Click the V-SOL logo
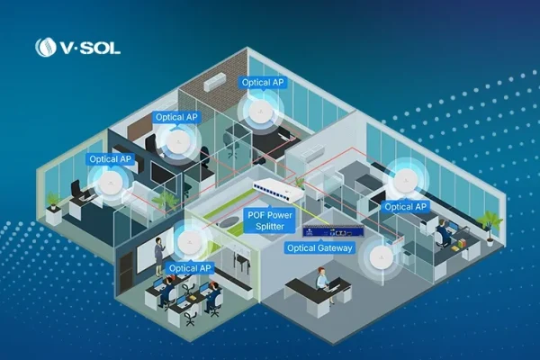pyautogui.click(x=77, y=47)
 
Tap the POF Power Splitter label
pyautogui.click(x=270, y=220)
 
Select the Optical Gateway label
pyautogui.click(x=319, y=248)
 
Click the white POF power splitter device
pyautogui.click(x=278, y=190)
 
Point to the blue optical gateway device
pyautogui.click(x=333, y=230)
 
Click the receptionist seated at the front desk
pyautogui.click(x=323, y=283)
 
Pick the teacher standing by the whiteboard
pyautogui.click(x=159, y=256)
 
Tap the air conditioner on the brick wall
pyautogui.click(x=214, y=82)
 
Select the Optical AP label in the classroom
pyautogui.click(x=190, y=268)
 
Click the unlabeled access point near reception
pyautogui.click(x=382, y=257)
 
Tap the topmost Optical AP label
pyautogui.click(x=263, y=83)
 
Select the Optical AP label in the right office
pyautogui.click(x=405, y=207)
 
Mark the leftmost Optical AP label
pyautogui.click(x=110, y=159)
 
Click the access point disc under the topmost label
pyautogui.click(x=261, y=112)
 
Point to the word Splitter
pyautogui.click(x=270, y=227)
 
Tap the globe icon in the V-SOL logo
pyautogui.click(x=46, y=47)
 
